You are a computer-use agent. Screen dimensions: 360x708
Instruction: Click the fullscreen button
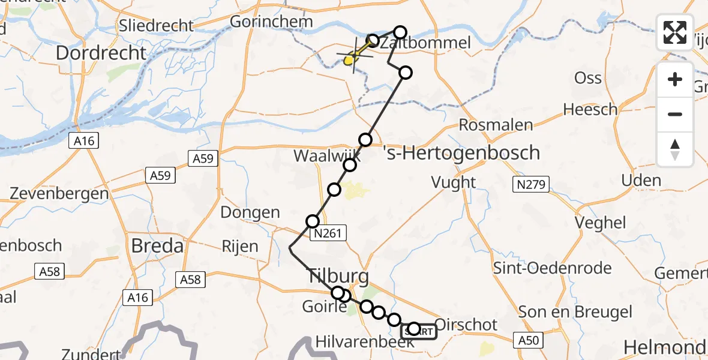click(x=675, y=32)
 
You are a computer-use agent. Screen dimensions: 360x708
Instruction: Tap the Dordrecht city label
click(x=101, y=53)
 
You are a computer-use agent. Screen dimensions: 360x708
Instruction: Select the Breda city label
click(x=157, y=245)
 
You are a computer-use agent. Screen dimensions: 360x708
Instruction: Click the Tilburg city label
click(x=338, y=277)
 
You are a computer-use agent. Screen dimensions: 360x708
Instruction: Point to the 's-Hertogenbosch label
click(x=461, y=152)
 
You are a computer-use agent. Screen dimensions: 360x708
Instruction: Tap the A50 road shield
click(x=530, y=340)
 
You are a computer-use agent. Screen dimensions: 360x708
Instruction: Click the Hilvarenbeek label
click(x=365, y=343)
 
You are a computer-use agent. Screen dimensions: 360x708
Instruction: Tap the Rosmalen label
click(x=496, y=125)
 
